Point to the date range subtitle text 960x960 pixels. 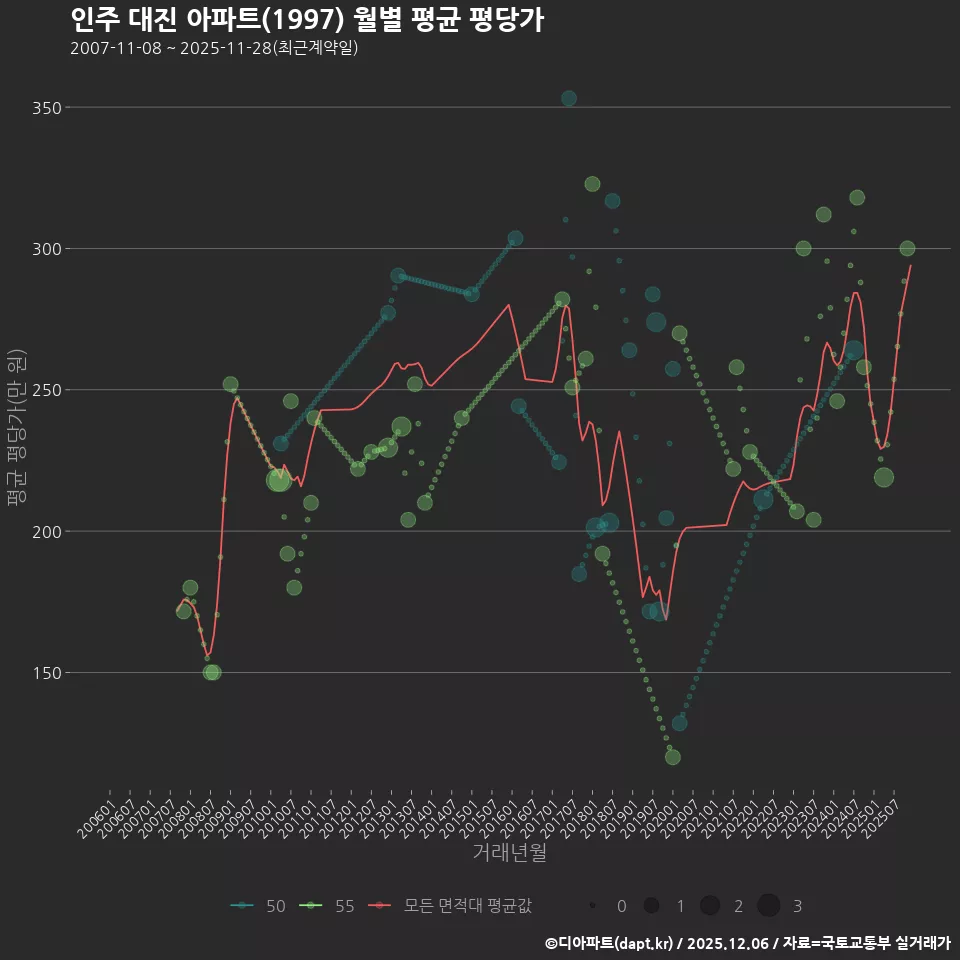(214, 49)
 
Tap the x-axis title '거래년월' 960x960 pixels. (509, 853)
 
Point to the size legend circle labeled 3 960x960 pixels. (768, 906)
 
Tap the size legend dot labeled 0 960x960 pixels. (593, 906)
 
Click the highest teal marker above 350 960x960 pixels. (569, 98)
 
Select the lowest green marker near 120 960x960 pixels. (673, 757)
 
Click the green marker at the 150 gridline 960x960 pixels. (212, 672)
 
